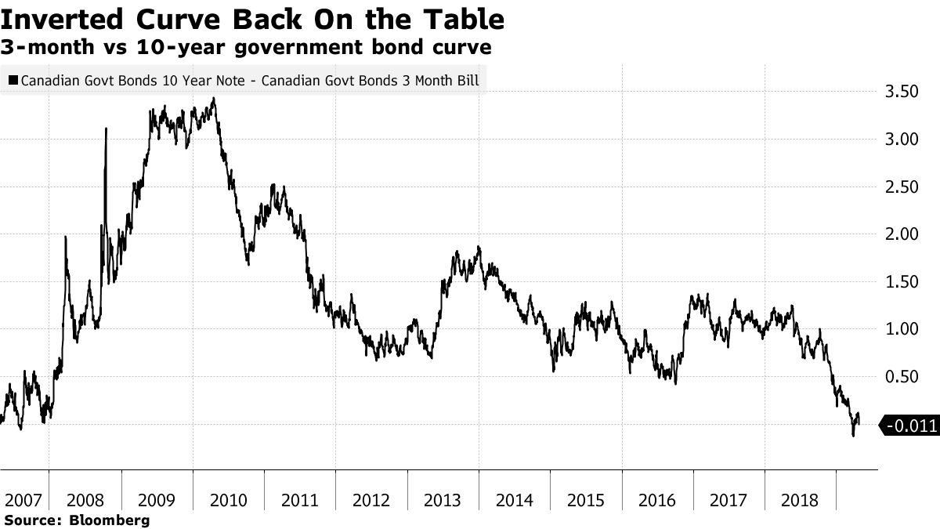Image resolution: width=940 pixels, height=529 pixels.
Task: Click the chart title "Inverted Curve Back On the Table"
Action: click(x=252, y=19)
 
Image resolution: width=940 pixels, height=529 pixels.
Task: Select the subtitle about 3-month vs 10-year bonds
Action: click(x=246, y=48)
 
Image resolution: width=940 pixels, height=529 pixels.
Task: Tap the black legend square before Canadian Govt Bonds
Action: click(x=13, y=79)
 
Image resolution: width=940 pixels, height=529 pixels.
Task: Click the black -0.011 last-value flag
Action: click(x=909, y=426)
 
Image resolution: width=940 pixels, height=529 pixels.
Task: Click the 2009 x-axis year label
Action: click(x=157, y=500)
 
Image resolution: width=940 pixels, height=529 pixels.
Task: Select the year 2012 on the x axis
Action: click(x=371, y=500)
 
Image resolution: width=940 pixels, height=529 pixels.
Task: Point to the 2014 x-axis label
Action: click(x=515, y=500)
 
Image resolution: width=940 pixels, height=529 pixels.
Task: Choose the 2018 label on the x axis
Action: click(x=801, y=500)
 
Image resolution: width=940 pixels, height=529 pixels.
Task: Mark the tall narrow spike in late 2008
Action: click(x=106, y=129)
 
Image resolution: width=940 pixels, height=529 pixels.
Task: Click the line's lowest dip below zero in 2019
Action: click(x=853, y=435)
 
